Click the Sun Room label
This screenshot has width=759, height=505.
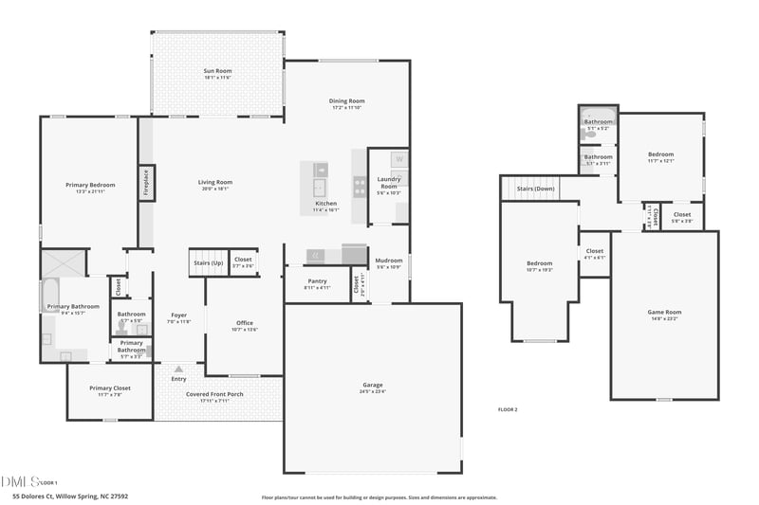click(x=217, y=70)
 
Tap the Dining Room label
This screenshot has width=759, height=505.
click(x=348, y=100)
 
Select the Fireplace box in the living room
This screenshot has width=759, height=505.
click(x=146, y=183)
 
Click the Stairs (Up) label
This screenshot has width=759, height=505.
click(x=208, y=262)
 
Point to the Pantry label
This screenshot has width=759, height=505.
click(x=317, y=280)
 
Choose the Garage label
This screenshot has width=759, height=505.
click(x=373, y=385)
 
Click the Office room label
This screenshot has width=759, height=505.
click(x=245, y=323)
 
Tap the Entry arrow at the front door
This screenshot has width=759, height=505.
click(x=178, y=367)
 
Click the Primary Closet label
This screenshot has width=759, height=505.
click(x=110, y=388)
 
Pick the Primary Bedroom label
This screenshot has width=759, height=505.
click(x=90, y=185)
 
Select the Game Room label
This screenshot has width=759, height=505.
click(x=664, y=312)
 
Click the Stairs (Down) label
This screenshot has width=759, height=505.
click(x=536, y=189)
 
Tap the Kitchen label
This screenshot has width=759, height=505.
click(x=325, y=204)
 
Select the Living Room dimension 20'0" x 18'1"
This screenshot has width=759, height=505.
click(x=214, y=189)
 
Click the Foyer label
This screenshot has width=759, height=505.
click(x=178, y=315)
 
